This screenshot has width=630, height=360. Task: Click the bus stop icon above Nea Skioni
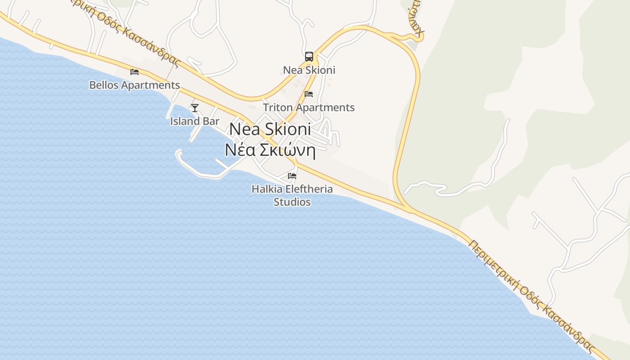309,57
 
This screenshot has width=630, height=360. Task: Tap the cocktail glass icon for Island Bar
195,108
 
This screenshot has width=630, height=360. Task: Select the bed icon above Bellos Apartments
135,72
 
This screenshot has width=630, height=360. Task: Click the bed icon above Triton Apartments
309,94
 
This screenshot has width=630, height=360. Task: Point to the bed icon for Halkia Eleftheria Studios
292,175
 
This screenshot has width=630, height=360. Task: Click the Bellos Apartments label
135,85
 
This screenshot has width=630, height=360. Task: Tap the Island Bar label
195,121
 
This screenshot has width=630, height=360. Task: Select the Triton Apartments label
309,108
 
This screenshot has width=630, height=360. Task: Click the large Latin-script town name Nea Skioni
270,130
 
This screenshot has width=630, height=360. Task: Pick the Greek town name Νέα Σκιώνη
270,150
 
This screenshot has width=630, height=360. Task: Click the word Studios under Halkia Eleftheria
292,202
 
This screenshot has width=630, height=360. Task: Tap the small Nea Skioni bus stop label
309,70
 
